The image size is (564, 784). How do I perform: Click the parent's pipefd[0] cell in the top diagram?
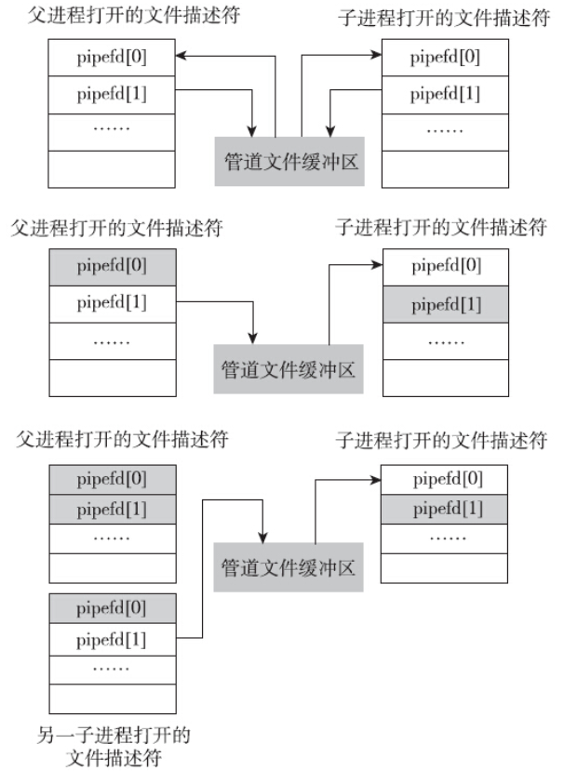click(x=111, y=57)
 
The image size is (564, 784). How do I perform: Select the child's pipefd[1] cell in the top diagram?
click(x=445, y=93)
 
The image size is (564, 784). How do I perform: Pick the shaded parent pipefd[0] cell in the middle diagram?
click(x=111, y=267)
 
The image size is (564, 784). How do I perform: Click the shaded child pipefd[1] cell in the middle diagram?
click(x=445, y=303)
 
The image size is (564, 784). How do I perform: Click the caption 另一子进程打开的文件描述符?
click(x=114, y=747)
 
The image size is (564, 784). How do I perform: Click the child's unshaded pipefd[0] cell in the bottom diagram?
click(x=445, y=480)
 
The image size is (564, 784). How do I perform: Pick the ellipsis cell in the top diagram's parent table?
click(x=111, y=129)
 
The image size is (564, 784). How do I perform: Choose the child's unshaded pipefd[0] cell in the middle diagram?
click(x=445, y=267)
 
